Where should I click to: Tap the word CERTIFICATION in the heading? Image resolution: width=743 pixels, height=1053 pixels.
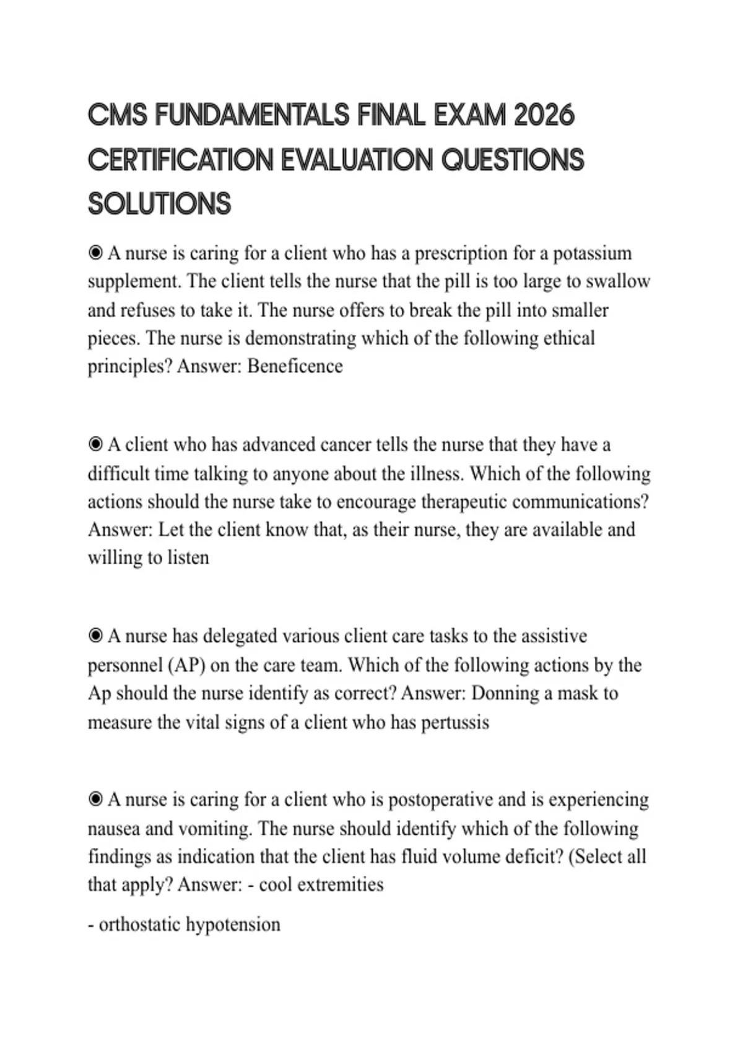click(x=180, y=160)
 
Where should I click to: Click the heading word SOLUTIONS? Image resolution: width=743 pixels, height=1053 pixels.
click(x=159, y=204)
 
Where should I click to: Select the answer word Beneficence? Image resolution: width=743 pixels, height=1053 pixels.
click(x=295, y=366)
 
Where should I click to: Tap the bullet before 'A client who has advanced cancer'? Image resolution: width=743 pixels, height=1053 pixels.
click(x=95, y=445)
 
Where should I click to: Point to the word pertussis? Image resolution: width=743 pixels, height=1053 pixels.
click(x=455, y=722)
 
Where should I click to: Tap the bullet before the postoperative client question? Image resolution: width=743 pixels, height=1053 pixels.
click(x=95, y=800)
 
